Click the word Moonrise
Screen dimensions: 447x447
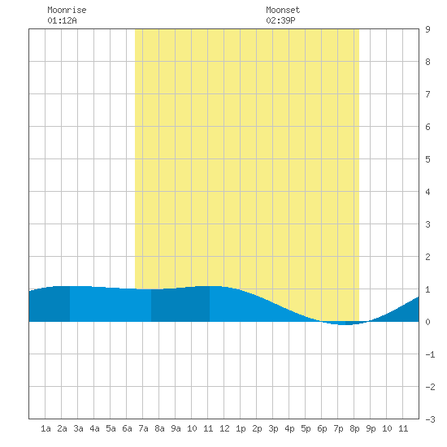click(67, 10)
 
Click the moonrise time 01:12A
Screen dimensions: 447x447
click(62, 20)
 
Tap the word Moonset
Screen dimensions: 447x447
click(283, 10)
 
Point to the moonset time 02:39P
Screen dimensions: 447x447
click(280, 20)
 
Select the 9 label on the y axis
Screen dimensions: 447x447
click(427, 29)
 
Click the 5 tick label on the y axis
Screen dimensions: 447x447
click(427, 159)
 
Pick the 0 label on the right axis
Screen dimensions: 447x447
click(427, 322)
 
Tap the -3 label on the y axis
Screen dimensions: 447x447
click(430, 419)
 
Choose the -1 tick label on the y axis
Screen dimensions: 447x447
click(430, 354)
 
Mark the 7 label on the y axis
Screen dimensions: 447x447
click(427, 94)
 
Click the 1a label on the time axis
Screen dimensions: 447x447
click(46, 428)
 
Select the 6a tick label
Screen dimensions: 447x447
click(127, 428)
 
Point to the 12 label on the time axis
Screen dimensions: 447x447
click(224, 428)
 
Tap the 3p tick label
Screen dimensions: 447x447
click(273, 428)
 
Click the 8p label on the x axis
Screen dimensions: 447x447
click(354, 428)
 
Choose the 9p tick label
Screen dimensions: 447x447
click(371, 428)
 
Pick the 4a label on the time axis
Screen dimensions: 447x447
click(94, 428)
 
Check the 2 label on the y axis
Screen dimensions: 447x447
click(427, 257)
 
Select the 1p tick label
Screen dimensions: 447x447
click(241, 428)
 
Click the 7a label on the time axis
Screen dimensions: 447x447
click(143, 428)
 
